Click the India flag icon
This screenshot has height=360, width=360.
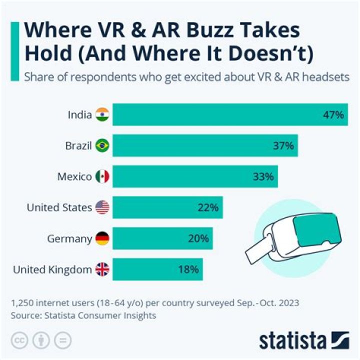tap(102, 115)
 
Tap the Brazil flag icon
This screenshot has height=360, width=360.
tap(102, 146)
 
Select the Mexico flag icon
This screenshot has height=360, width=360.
tap(102, 177)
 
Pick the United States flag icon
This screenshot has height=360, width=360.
tap(102, 207)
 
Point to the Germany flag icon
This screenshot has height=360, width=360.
tap(102, 238)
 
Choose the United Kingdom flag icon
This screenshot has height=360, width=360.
tap(102, 270)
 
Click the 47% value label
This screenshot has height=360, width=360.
tap(333, 115)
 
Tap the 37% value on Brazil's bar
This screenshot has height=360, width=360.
tap(283, 146)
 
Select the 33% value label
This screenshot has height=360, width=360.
tap(263, 177)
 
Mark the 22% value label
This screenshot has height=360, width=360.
tap(208, 207)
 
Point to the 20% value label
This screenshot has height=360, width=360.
tap(198, 238)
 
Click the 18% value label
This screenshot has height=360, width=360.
tap(188, 270)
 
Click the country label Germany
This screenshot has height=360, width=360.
tap(69, 239)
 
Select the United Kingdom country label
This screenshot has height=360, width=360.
tap(52, 270)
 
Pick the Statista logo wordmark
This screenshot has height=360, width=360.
tap(292, 340)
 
